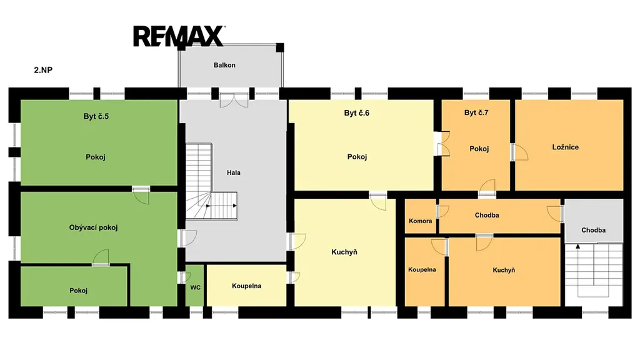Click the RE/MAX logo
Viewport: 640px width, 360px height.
(178, 36)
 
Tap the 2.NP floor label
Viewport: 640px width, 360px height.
(43, 70)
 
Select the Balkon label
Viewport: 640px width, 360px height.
(224, 65)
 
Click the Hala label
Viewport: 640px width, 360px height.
(234, 172)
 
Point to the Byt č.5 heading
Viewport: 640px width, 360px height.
(96, 116)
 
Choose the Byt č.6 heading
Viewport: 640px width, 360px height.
(357, 113)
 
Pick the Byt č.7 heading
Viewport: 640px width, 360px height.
(476, 112)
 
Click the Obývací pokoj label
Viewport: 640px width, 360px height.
(94, 227)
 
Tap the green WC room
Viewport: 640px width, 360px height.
(195, 285)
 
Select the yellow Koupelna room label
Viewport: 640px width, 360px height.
(246, 286)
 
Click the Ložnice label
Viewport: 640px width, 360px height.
(565, 147)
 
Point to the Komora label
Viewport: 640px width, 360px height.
(421, 221)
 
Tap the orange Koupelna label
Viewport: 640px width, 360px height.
(422, 269)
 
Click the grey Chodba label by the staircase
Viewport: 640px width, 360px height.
(594, 230)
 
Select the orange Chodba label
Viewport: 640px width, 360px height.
(487, 215)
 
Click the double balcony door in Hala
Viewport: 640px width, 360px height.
(234, 101)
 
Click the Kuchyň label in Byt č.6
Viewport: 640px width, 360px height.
(344, 252)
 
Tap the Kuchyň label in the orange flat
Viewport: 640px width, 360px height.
(504, 270)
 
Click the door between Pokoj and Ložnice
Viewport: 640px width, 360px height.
(519, 152)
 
